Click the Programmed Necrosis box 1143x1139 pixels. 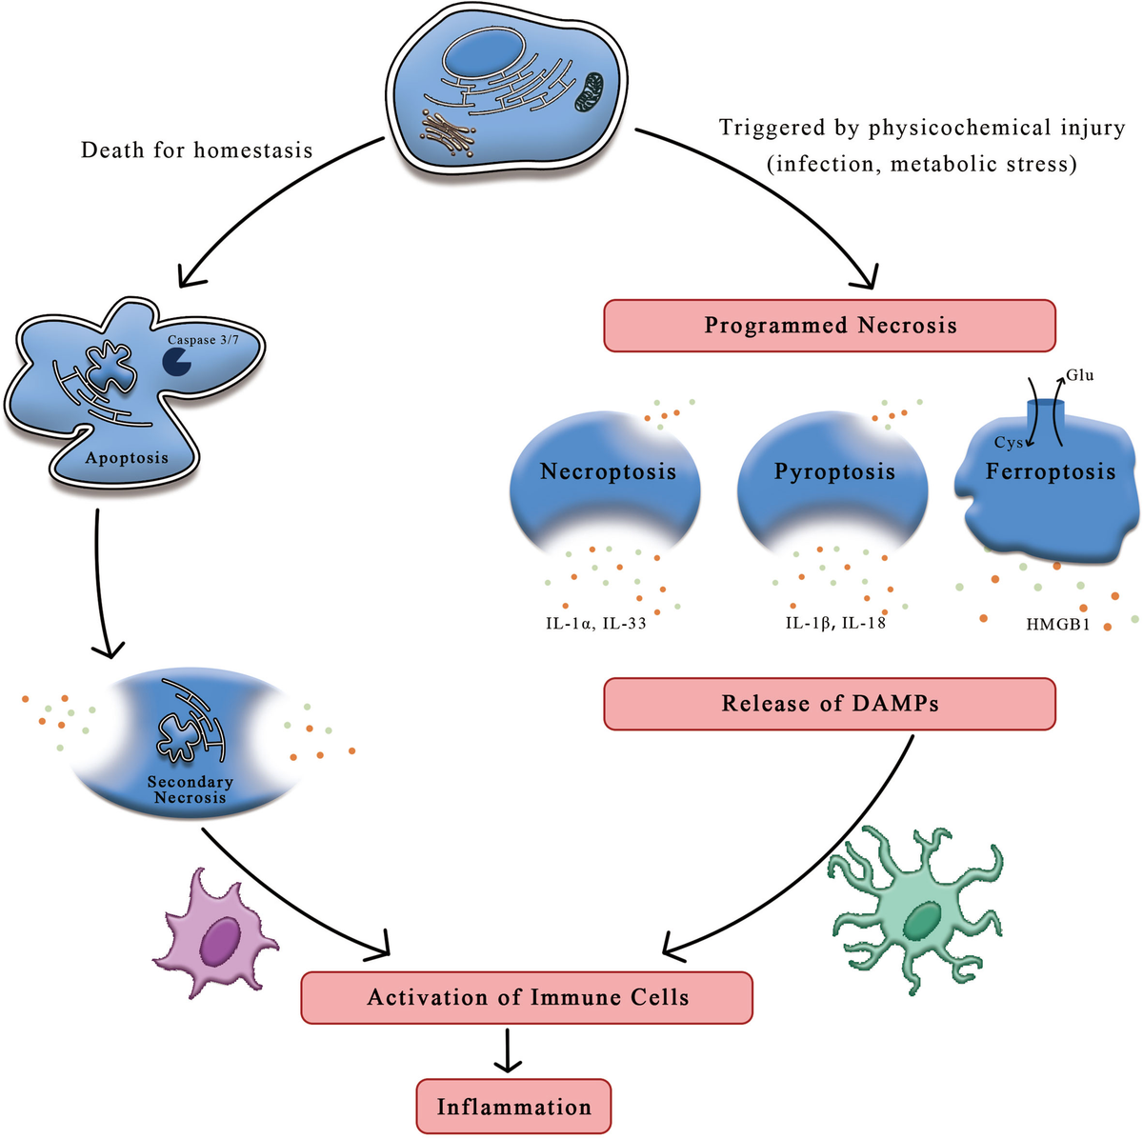click(x=830, y=326)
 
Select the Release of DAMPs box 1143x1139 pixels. click(x=830, y=704)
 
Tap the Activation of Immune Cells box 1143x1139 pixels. click(x=527, y=998)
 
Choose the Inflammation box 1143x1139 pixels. click(x=513, y=1107)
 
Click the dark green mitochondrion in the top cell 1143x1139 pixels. click(x=588, y=91)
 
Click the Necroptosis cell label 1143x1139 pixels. click(x=608, y=471)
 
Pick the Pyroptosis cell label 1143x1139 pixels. click(x=834, y=471)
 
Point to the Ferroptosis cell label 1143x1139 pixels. click(x=1050, y=471)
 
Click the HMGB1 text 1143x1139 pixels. click(x=1057, y=626)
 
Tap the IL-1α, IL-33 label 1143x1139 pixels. click(x=591, y=624)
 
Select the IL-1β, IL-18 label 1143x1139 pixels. click(x=835, y=624)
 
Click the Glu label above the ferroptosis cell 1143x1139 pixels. click(x=1080, y=375)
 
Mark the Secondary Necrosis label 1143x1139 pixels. click(x=190, y=789)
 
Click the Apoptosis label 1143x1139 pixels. click(x=127, y=458)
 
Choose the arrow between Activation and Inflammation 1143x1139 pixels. click(x=511, y=1050)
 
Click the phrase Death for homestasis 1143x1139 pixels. click(x=196, y=150)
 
